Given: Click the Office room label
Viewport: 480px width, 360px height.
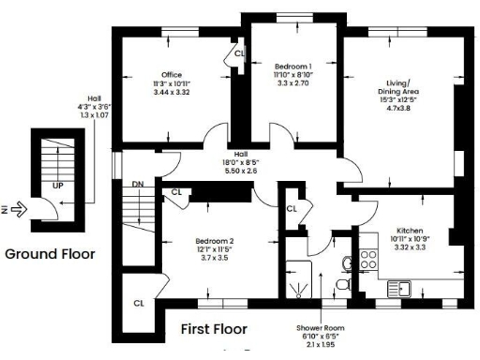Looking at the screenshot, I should (171, 75).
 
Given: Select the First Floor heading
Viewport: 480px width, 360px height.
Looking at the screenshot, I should (214, 329).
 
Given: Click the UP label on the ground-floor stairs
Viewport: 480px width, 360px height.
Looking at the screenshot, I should (57, 187).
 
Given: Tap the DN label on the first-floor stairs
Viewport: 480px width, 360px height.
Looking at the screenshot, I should (137, 184).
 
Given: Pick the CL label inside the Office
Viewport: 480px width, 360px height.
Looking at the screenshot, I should (238, 54).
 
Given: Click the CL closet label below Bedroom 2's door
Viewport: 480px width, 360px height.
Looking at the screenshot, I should (138, 303).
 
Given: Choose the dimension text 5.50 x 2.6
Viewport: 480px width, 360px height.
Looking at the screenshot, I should (240, 170).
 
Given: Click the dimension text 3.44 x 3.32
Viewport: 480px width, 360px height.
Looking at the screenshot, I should (171, 93).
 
